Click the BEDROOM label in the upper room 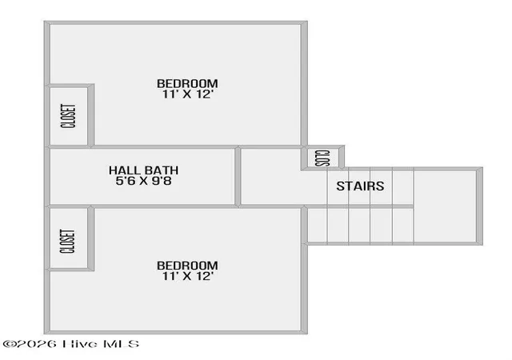tap(187, 84)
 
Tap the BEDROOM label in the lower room tap(187, 266)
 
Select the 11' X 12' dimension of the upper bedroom tap(188, 94)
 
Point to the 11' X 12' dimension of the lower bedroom tap(188, 276)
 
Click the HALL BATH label tap(144, 170)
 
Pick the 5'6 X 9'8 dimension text tap(144, 181)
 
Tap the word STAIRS tap(360, 186)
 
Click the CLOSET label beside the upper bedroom tap(68, 116)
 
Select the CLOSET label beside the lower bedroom tap(67, 241)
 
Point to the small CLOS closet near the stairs tap(322, 158)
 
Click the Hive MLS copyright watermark tap(71, 344)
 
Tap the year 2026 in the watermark tap(36, 344)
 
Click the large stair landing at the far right tap(445, 206)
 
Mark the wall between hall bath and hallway tap(238, 177)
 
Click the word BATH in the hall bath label tap(162, 170)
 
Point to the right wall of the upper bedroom tap(304, 84)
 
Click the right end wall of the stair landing tap(479, 206)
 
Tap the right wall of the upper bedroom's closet tap(90, 116)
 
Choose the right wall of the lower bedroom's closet tap(90, 238)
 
